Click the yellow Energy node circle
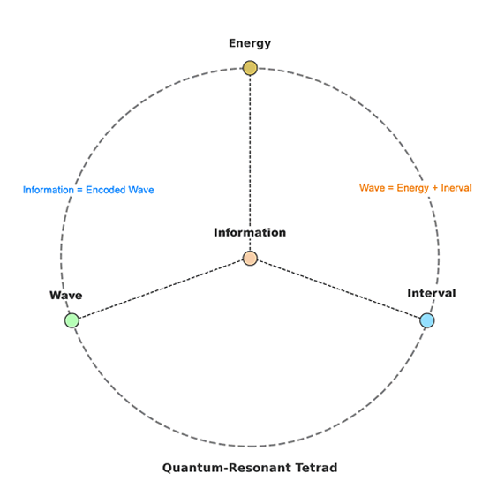250,68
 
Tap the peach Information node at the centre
250,258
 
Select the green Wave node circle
72,320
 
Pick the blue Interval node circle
427,320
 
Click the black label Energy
250,43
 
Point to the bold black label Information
250,232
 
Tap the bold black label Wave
66,295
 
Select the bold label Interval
432,293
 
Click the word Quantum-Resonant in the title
226,468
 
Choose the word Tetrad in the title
316,468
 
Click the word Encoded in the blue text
106,190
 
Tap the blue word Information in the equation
48,190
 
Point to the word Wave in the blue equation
141,190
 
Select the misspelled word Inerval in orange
456,188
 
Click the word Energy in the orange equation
412,189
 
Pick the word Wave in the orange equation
372,188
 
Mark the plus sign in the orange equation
435,188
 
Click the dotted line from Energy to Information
250,163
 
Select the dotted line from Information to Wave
161,289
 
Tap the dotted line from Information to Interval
338,289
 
